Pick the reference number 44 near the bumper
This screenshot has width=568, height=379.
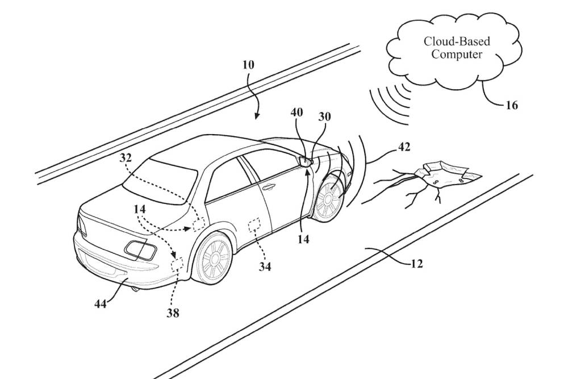pyautogui.click(x=100, y=303)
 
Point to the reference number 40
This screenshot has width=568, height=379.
pyautogui.click(x=296, y=113)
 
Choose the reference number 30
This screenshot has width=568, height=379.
pyautogui.click(x=324, y=116)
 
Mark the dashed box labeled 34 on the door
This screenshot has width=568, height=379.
pyautogui.click(x=256, y=224)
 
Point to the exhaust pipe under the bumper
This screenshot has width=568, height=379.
pyautogui.click(x=135, y=290)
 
